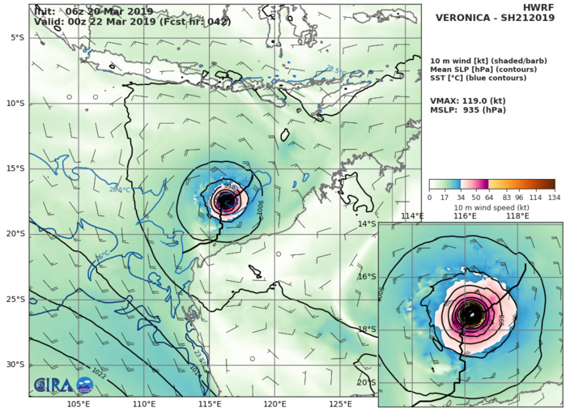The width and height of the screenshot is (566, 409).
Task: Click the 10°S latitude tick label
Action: coord(15,103)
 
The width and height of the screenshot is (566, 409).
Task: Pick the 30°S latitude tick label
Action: coord(15,364)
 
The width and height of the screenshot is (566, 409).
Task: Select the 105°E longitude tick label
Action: coord(79,403)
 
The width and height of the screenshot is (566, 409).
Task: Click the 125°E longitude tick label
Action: coord(340,403)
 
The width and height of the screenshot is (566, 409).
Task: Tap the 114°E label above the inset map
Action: coord(412,216)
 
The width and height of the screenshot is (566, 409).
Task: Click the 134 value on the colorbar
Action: coord(555,197)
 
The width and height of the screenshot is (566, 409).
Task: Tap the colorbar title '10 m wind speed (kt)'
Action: coord(492,207)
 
